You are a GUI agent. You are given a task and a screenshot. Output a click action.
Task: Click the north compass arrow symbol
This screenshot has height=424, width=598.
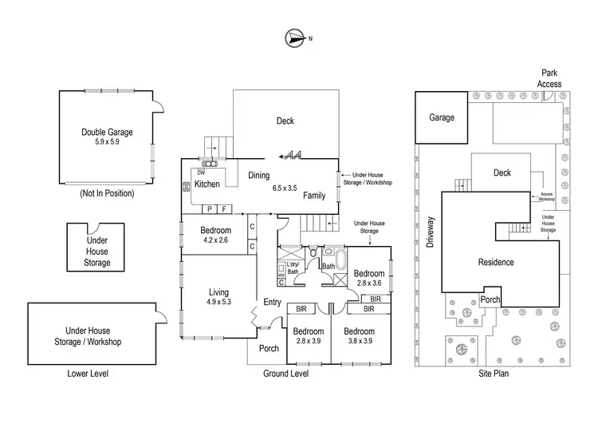tap(294, 37)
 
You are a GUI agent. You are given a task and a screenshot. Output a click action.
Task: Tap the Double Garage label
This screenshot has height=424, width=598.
tap(107, 137)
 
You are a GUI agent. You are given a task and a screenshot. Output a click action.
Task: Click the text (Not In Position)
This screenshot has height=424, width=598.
tap(107, 193)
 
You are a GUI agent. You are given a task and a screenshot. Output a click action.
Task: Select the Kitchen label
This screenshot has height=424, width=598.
tap(207, 184)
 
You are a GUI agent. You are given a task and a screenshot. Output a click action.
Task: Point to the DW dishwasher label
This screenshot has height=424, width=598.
tap(201, 172)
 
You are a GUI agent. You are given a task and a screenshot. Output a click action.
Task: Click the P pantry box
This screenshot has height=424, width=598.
tap(210, 208)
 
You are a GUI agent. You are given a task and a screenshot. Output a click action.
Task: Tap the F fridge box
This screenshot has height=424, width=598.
tap(225, 208)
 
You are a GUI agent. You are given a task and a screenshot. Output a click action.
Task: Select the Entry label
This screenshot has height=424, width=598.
tap(273, 302)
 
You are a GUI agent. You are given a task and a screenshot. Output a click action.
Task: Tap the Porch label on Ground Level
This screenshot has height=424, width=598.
tap(269, 347)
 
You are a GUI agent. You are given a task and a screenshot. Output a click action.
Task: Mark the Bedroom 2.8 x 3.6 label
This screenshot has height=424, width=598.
tap(369, 278)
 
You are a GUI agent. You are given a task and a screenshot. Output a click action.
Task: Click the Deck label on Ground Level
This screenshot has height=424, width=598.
tap(285, 121)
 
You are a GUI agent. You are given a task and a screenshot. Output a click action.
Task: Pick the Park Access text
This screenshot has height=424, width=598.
tap(550, 78)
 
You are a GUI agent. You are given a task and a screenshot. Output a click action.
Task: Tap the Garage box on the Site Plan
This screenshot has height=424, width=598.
tap(442, 117)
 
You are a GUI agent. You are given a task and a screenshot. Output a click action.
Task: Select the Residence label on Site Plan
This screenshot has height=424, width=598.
tap(496, 263)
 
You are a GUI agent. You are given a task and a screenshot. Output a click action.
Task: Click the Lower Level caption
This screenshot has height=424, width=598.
tap(88, 373)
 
